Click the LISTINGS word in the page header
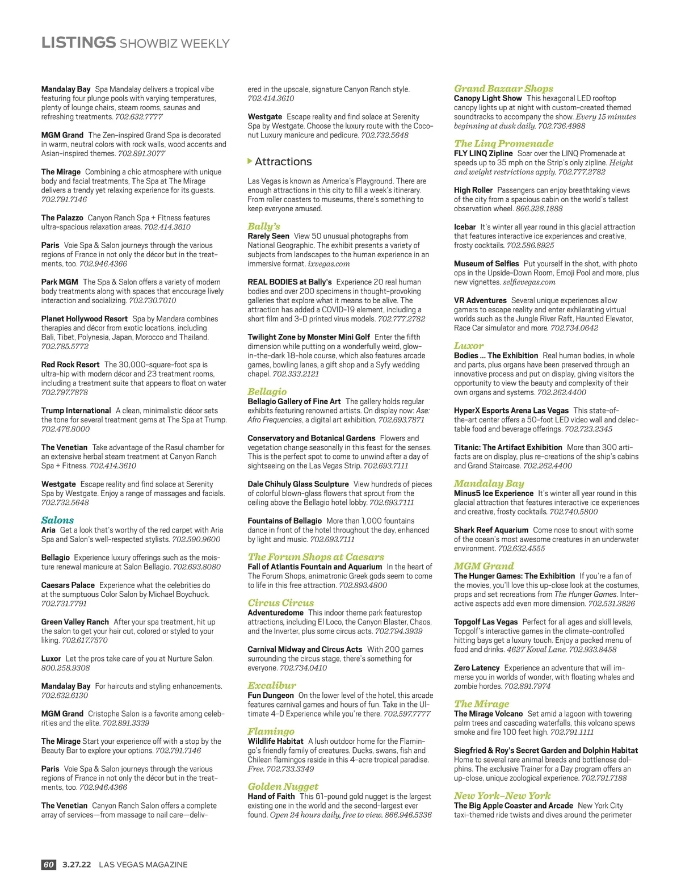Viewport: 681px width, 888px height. (x=78, y=43)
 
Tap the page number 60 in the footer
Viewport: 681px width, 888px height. (x=48, y=865)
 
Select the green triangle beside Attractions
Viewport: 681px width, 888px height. (x=250, y=162)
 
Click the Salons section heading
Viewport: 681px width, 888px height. (x=57, y=520)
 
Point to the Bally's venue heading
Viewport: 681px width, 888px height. (x=264, y=227)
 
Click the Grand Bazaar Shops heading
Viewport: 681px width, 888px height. (x=503, y=89)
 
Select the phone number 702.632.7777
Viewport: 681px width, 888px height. (x=139, y=117)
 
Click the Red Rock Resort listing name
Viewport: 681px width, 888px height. (x=70, y=365)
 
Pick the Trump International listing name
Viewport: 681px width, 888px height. (x=76, y=411)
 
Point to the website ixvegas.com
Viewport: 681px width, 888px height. (x=329, y=263)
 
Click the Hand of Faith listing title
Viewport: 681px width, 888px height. (x=271, y=797)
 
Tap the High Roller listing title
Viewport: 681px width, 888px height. (x=473, y=190)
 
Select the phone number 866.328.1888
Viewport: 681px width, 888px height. (x=539, y=208)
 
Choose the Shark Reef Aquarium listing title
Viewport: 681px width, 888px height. (x=491, y=530)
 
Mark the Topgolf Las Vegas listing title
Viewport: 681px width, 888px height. (x=486, y=622)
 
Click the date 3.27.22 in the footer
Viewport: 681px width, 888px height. (x=77, y=865)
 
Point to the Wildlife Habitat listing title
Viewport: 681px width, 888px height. (x=275, y=742)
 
